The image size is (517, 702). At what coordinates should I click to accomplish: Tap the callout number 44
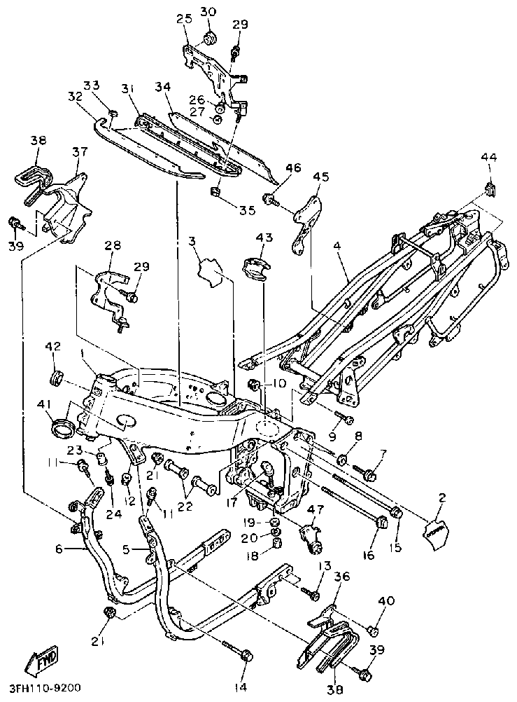(488, 159)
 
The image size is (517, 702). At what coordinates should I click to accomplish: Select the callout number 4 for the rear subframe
(337, 247)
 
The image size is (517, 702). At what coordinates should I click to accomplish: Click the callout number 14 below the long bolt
(240, 687)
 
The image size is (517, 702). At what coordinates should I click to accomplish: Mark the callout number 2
(442, 498)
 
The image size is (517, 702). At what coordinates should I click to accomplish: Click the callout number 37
(80, 152)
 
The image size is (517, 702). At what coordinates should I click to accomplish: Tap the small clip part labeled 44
(490, 188)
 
